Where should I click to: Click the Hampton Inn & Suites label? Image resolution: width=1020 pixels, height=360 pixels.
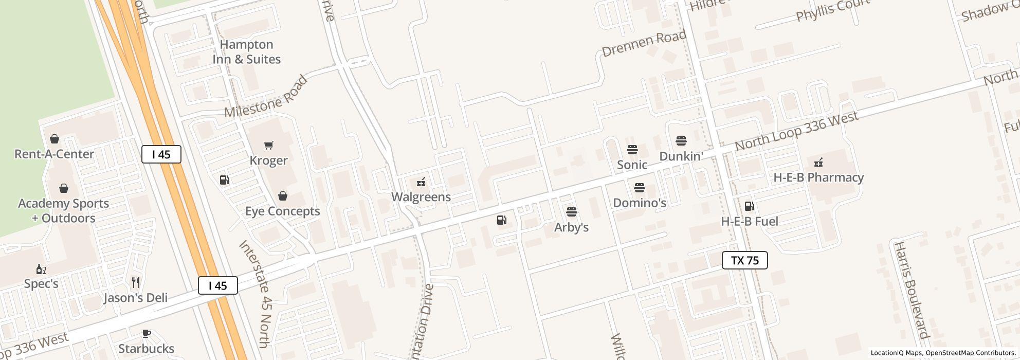pyautogui.click(x=247, y=52)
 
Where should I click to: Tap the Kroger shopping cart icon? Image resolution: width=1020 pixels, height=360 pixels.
pyautogui.click(x=268, y=146)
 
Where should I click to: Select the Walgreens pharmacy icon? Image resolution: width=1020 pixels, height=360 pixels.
pyautogui.click(x=421, y=182)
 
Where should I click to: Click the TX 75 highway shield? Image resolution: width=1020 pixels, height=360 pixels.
pyautogui.click(x=744, y=260)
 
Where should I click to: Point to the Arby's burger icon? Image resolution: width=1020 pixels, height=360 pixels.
pyautogui.click(x=571, y=212)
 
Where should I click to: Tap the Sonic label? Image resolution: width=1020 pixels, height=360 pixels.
pyautogui.click(x=632, y=165)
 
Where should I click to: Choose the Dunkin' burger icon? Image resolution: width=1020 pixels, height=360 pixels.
pyautogui.click(x=681, y=141)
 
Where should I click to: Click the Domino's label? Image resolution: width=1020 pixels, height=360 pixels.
pyautogui.click(x=640, y=203)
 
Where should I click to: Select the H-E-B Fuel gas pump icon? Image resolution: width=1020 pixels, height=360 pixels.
pyautogui.click(x=749, y=206)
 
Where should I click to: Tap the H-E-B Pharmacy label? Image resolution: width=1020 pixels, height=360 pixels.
pyautogui.click(x=818, y=177)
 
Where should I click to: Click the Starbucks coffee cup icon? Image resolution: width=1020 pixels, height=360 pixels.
pyautogui.click(x=147, y=333)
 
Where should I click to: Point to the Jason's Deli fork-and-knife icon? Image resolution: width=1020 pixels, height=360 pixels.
pyautogui.click(x=136, y=282)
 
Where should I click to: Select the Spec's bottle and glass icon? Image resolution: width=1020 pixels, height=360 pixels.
pyautogui.click(x=41, y=269)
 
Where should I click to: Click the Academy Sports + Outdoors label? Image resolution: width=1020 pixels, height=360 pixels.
pyautogui.click(x=64, y=211)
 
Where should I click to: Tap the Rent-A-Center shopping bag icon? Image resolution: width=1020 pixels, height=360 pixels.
pyautogui.click(x=54, y=139)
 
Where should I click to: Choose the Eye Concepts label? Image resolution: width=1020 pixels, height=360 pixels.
pyautogui.click(x=282, y=211)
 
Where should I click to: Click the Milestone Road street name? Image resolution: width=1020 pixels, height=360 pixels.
pyautogui.click(x=266, y=97)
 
